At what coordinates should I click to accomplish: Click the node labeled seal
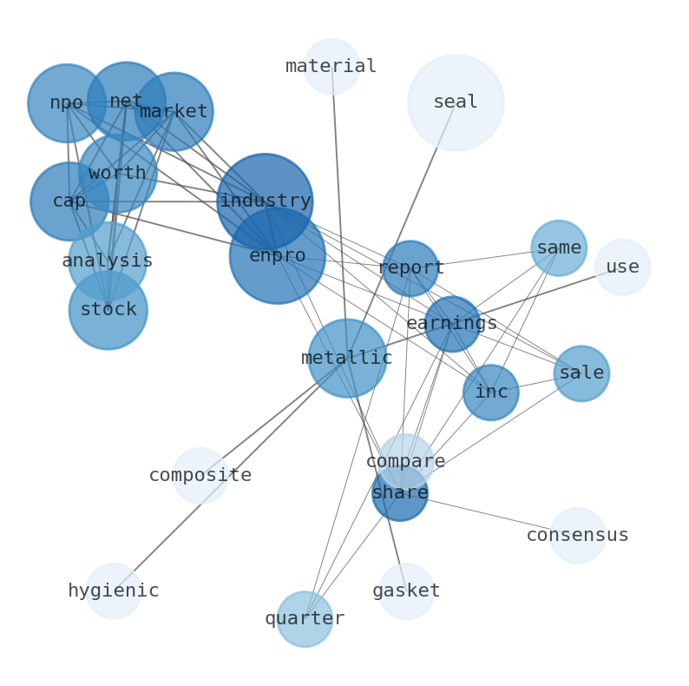456,102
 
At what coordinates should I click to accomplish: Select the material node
331,67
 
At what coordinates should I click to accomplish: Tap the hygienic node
114,591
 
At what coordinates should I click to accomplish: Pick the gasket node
406,591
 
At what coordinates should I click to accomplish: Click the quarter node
305,619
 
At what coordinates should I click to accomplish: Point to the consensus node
578,536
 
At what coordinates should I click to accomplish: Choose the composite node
200,476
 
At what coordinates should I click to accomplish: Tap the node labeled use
623,267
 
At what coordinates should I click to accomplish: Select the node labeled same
559,248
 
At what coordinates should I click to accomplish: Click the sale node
581,373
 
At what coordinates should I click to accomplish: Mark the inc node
491,392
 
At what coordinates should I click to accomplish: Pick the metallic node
347,358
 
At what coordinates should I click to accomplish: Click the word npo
66,103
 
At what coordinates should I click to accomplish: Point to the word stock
108,310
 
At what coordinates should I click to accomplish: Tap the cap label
69,201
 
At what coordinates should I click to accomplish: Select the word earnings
452,324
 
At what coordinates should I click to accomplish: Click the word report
410,268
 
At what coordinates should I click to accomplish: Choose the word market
174,112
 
